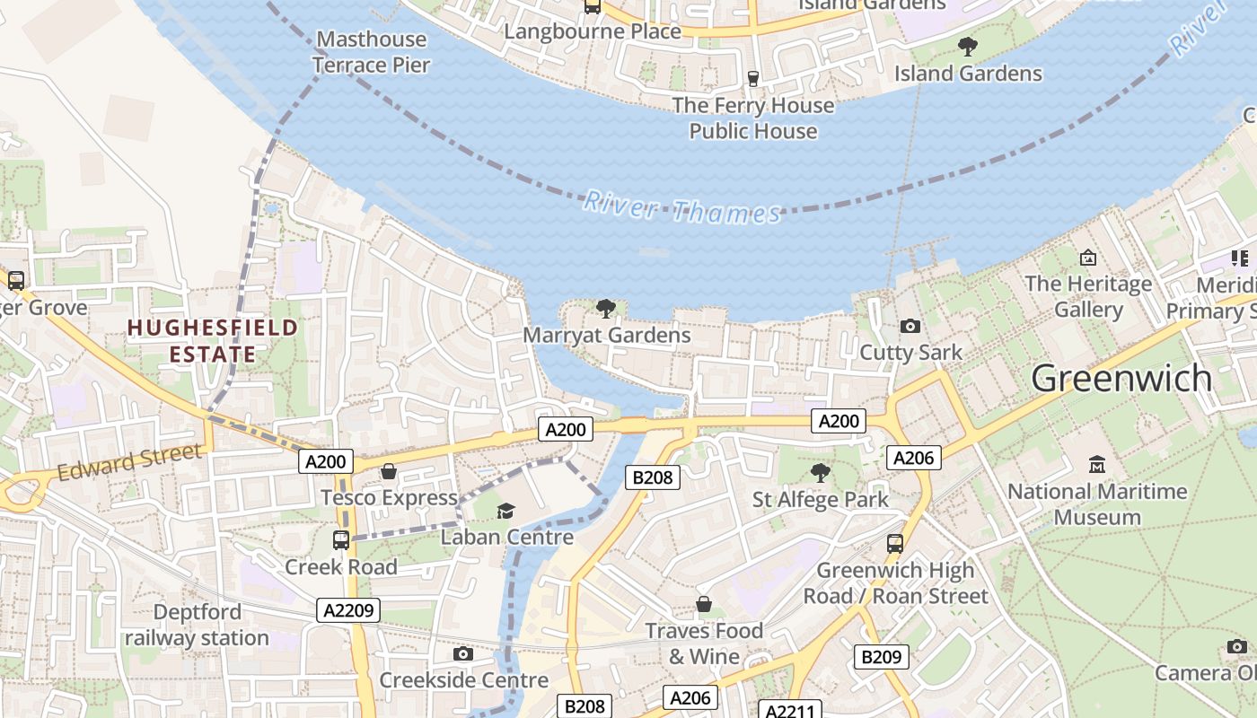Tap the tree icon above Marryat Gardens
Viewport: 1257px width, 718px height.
[606, 309]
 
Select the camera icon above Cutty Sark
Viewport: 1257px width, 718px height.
[910, 327]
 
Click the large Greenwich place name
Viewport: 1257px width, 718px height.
[1121, 378]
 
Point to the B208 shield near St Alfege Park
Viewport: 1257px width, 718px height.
[653, 477]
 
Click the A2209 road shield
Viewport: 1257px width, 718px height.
[348, 610]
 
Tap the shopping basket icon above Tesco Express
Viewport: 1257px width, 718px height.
[389, 471]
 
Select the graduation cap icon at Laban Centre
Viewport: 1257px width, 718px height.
[506, 511]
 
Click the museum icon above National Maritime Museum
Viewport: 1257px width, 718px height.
[1096, 465]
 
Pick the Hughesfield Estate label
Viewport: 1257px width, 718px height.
[213, 340]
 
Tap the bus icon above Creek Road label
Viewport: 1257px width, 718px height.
[341, 540]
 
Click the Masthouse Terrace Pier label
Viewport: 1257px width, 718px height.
[371, 52]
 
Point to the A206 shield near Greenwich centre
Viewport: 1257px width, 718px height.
[914, 458]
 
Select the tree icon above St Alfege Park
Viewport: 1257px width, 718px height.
[820, 473]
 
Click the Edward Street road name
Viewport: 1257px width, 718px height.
[130, 461]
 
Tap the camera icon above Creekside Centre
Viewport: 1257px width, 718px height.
[463, 654]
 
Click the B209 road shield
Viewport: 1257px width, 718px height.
[881, 657]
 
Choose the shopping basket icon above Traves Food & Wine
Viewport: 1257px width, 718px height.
[704, 605]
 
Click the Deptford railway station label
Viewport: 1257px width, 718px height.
[197, 625]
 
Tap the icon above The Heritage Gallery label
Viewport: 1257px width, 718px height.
[1088, 258]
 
